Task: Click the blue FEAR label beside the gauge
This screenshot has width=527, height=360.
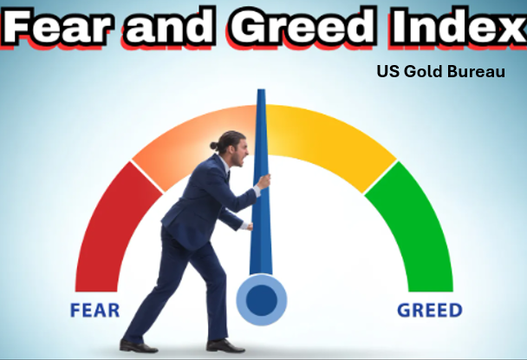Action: [x=95, y=310]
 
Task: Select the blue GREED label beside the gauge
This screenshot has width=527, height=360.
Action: [x=429, y=310]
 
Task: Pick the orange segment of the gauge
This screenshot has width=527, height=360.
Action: [x=186, y=139]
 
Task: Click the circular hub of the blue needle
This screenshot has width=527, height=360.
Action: [x=262, y=299]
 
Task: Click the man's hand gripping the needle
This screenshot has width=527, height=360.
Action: [x=263, y=181]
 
